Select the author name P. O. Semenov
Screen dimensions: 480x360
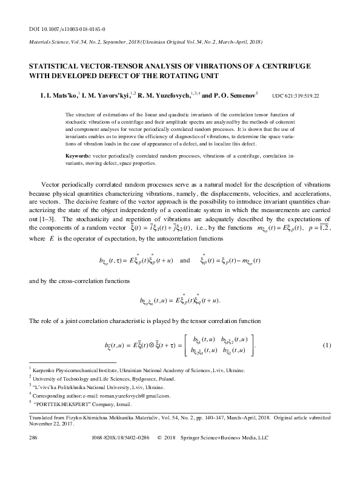235,95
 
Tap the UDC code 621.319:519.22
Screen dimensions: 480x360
296,96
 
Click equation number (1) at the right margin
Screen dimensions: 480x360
327,346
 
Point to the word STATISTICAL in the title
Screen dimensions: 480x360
58,66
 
